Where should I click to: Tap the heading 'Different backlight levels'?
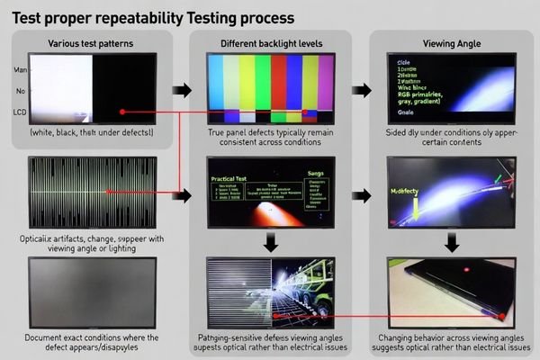coord(273,44)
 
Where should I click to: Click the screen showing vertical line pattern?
coord(93,190)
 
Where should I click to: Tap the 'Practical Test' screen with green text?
coord(270,190)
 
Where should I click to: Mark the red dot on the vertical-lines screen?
coord(108,191)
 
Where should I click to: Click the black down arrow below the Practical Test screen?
coord(270,241)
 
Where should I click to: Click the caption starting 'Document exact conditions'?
coord(93,343)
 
